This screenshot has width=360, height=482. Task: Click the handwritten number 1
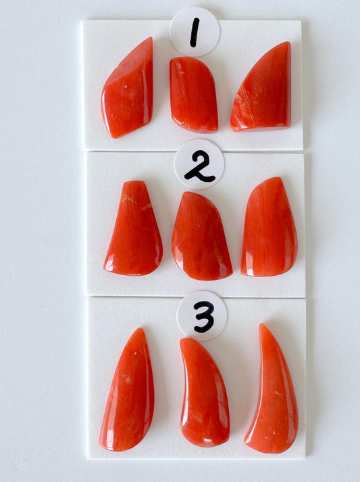click(195, 32)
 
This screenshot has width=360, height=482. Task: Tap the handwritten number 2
click(199, 166)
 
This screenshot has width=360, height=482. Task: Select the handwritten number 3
click(204, 316)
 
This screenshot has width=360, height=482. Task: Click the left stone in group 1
click(127, 88)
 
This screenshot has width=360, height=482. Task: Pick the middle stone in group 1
click(194, 95)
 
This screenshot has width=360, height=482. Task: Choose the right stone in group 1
click(261, 87)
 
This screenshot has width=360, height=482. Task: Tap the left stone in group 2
click(133, 228)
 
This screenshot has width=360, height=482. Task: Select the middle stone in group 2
click(201, 236)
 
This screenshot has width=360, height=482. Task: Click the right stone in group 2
click(269, 227)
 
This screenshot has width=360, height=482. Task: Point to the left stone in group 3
click(127, 389)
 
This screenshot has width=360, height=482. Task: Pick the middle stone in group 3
click(204, 392)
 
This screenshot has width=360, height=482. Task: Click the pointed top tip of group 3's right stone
click(261, 324)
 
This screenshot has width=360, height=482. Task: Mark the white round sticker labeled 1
click(195, 32)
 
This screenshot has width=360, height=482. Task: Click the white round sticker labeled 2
click(199, 164)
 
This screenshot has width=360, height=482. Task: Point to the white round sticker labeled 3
click(202, 316)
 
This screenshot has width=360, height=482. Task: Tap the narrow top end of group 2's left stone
click(134, 182)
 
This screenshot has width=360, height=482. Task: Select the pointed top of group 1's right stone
click(288, 43)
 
